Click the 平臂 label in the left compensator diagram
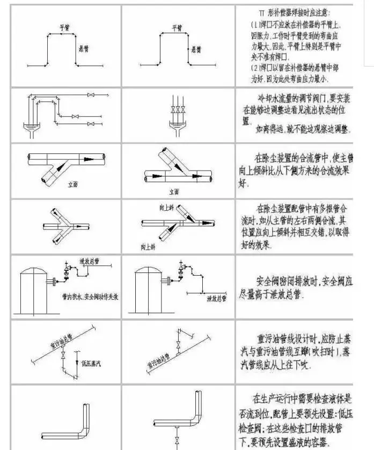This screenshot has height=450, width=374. [65, 27]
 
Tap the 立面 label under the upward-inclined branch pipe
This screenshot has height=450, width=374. [173, 191]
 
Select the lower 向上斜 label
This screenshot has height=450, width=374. [147, 247]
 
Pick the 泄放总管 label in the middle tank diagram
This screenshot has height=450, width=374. [217, 297]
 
